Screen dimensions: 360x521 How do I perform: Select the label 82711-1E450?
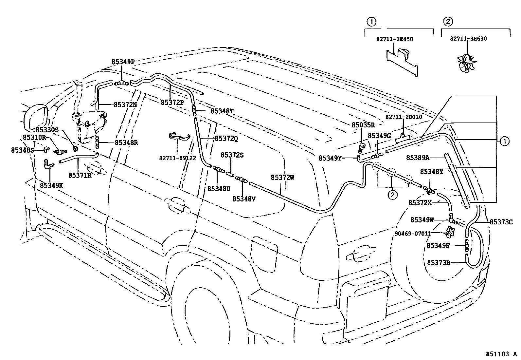tap(394, 39)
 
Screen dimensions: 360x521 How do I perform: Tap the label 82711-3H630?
tap(468, 39)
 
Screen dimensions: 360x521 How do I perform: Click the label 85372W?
tap(282, 178)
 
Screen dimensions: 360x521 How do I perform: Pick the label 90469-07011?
tap(412, 233)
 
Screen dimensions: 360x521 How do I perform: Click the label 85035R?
tap(363, 125)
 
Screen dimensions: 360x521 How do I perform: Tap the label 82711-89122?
tap(177, 158)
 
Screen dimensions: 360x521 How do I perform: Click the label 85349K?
tap(51, 185)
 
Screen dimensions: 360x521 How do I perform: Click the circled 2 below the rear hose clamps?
tap(392, 195)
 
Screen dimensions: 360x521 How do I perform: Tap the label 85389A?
tap(418, 158)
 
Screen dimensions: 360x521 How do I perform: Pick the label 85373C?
tap(501, 222)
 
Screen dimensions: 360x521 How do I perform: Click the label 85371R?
tap(80, 175)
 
